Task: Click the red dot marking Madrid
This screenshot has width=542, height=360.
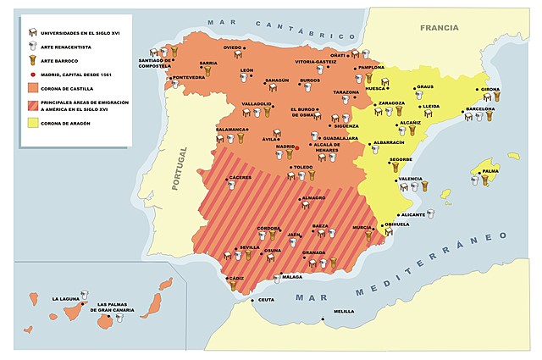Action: pyautogui.click(x=297, y=147)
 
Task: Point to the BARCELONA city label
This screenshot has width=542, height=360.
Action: pyautogui.click(x=479, y=109)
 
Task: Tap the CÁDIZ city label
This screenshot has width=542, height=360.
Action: pyautogui.click(x=235, y=277)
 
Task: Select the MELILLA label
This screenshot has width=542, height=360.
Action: pyautogui.click(x=344, y=311)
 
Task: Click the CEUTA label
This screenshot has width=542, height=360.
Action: pyautogui.click(x=267, y=300)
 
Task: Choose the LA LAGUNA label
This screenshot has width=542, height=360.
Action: pyautogui.click(x=68, y=299)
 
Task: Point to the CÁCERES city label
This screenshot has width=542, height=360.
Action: pyautogui.click(x=240, y=178)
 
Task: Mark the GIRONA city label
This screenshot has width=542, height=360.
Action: pyautogui.click(x=489, y=89)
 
